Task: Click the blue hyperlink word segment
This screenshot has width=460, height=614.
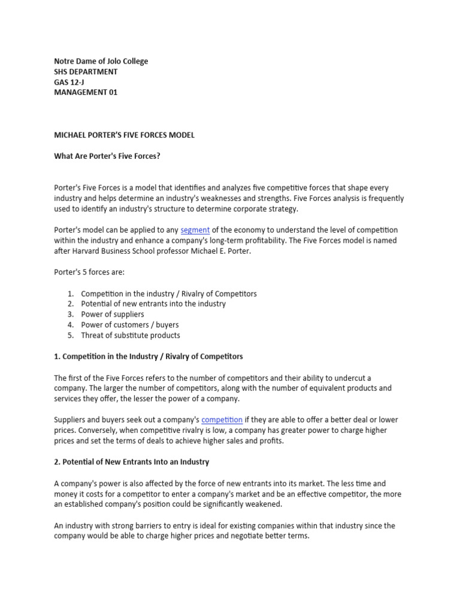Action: click(x=195, y=230)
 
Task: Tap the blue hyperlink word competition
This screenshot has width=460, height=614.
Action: click(x=222, y=420)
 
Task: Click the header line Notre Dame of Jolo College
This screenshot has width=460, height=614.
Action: click(x=101, y=61)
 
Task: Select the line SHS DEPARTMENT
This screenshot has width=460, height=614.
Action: click(x=86, y=71)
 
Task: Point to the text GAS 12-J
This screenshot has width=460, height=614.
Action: click(x=69, y=82)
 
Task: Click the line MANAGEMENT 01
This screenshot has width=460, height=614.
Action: click(x=86, y=92)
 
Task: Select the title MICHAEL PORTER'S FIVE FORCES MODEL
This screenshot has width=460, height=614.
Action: click(x=124, y=135)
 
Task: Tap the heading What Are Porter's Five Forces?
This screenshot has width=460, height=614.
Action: click(x=107, y=156)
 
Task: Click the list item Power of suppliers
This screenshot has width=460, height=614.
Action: click(x=113, y=314)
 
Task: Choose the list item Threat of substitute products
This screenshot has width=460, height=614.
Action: click(x=131, y=335)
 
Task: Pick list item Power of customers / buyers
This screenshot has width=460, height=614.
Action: click(x=130, y=325)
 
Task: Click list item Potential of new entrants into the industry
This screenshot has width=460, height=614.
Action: click(x=153, y=304)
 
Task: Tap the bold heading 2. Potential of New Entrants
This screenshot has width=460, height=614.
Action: click(x=131, y=462)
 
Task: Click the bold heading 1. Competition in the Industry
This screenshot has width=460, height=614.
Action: click(x=148, y=357)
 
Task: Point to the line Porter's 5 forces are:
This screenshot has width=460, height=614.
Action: click(x=89, y=272)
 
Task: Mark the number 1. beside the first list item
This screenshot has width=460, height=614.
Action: click(x=70, y=294)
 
